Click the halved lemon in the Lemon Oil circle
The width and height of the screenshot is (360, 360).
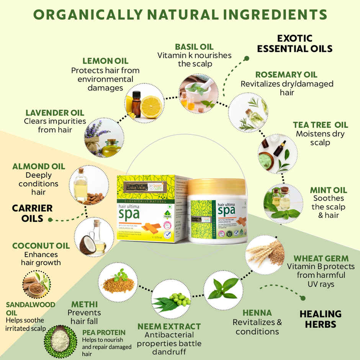click(x=151, y=107)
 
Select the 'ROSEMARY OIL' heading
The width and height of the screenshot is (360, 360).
click(x=286, y=75)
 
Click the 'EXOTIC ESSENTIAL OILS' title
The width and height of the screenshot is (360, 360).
click(x=295, y=44)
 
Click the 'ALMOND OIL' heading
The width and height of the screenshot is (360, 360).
click(x=39, y=167)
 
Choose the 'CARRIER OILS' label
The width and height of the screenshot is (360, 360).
click(x=32, y=213)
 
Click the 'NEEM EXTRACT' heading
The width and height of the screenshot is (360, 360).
click(x=169, y=327)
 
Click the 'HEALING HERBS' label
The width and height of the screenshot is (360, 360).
click(x=320, y=319)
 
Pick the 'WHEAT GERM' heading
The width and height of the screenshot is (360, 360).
click(x=321, y=258)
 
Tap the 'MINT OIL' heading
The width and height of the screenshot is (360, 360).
click(x=329, y=190)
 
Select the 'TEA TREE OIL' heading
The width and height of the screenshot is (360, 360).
click(x=321, y=125)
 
